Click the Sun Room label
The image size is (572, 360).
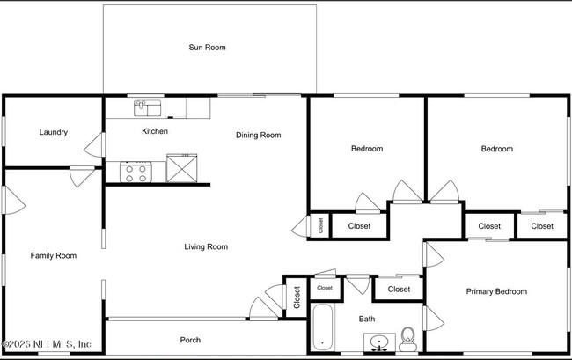point(208,48)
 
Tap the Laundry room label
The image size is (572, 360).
point(54,133)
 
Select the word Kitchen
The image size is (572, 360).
point(155,131)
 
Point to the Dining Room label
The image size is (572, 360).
point(258,135)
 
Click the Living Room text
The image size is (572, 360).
point(206,247)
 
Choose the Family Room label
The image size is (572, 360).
point(54,256)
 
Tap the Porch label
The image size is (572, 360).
point(190,340)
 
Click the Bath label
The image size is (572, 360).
point(367,319)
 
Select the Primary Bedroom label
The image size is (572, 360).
point(496,291)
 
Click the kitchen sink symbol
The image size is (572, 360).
point(147,108)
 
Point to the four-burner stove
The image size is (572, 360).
point(136,172)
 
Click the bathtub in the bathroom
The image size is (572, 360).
point(321,327)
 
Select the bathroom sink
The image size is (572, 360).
point(378,342)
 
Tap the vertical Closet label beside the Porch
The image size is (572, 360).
point(297,298)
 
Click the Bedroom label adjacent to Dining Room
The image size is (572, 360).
point(367,149)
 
